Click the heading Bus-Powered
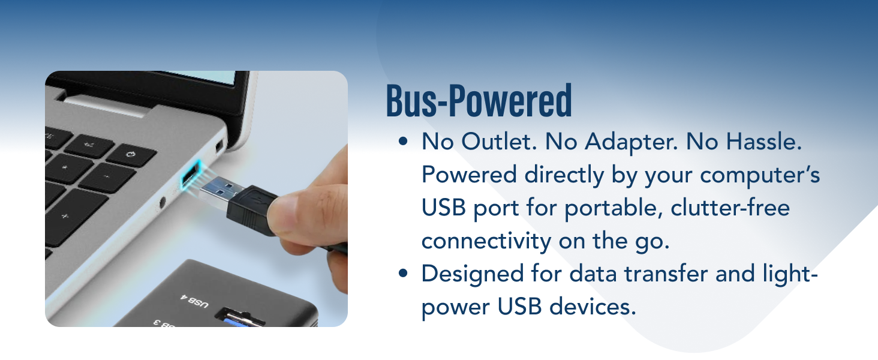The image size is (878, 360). [x=479, y=102]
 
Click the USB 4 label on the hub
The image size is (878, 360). [x=193, y=299]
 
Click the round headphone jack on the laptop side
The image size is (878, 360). [x=162, y=204]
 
